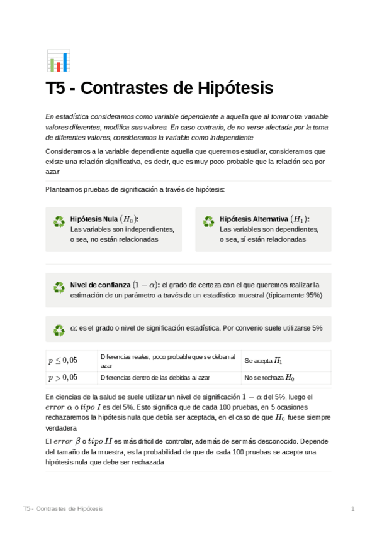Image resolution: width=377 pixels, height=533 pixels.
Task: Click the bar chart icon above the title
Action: pos(59,61)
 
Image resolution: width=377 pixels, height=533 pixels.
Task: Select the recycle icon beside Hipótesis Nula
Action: pos(59,222)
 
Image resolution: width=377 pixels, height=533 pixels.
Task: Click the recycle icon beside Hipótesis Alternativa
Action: pos(208,222)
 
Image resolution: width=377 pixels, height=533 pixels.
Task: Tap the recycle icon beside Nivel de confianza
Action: pos(59,287)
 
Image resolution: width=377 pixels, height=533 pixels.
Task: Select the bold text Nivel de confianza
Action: pos(99,285)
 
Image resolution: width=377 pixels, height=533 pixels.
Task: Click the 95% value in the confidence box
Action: pos(312,295)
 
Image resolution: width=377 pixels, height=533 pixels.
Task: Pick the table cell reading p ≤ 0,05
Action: pos(63,360)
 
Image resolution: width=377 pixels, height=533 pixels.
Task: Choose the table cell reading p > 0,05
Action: pos(63,377)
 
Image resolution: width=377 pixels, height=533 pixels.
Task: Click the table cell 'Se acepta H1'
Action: pos(263,361)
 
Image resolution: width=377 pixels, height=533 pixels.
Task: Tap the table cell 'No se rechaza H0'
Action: pos(269,378)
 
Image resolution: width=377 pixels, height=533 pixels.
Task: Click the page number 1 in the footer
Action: pos(353,508)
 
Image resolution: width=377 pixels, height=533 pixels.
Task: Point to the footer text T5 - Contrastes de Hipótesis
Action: pos(62,508)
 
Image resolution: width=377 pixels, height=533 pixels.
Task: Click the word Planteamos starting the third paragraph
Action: pos(64,189)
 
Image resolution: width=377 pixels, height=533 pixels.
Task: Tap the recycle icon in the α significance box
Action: pos(59,330)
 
